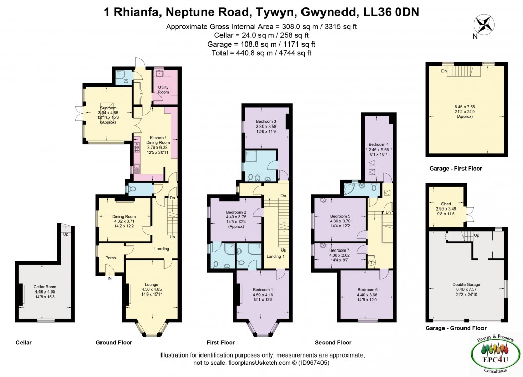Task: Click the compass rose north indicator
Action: [x=484, y=26]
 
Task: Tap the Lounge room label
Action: [x=151, y=284]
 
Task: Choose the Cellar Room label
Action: [x=45, y=287]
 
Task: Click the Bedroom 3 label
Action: [x=266, y=121]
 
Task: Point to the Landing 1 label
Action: [x=275, y=256]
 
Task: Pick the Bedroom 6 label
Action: [x=368, y=289]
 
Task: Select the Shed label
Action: [x=446, y=203]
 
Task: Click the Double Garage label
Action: [x=466, y=284]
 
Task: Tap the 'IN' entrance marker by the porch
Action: [x=109, y=278]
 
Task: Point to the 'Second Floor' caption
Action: [x=333, y=342]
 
